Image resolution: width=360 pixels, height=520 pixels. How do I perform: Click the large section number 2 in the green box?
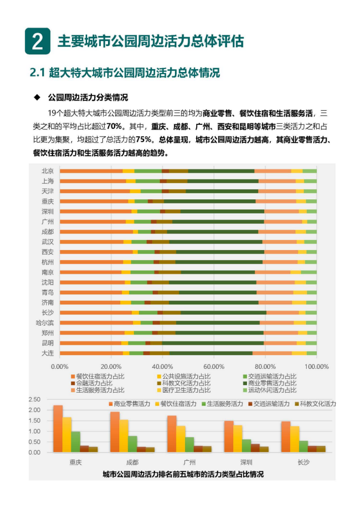coord(38,42)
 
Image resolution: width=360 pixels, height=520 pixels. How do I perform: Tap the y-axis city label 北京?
coord(48,171)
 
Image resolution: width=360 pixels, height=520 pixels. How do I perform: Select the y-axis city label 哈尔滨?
coord(45,323)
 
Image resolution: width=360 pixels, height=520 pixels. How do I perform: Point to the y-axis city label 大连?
coord(48,353)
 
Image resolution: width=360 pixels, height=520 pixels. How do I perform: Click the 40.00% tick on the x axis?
coord(162,366)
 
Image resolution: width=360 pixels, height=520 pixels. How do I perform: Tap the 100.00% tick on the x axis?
coord(316,366)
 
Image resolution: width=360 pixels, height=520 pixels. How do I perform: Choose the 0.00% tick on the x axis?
coord(60,366)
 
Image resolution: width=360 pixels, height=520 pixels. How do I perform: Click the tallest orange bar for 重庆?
coord(58,429)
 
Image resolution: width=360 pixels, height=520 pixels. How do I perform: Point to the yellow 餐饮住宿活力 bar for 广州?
coord(181,439)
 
